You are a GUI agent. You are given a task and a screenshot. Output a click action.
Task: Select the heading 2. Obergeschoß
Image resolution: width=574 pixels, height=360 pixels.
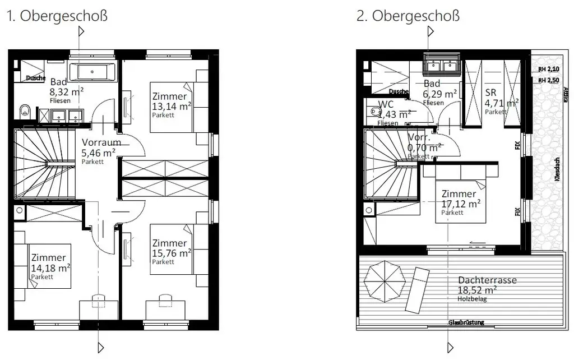click(408, 16)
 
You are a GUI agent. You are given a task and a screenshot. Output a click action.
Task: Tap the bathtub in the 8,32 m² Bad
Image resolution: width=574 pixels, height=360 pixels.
click(95, 72)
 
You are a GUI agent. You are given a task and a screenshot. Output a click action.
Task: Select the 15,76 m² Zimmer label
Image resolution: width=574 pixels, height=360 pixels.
click(172, 252)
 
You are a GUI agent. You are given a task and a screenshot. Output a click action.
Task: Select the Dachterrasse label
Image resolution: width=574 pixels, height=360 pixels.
click(487, 280)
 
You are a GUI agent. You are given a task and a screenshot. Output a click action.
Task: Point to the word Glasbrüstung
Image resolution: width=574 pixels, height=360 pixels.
click(466, 322)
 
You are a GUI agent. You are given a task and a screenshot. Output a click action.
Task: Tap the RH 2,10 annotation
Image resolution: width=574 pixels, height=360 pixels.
click(549, 70)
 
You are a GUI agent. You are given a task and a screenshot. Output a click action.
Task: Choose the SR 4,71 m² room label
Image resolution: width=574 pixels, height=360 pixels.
click(493, 103)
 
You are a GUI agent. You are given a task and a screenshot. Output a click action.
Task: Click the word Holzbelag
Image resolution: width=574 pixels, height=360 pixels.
click(471, 299)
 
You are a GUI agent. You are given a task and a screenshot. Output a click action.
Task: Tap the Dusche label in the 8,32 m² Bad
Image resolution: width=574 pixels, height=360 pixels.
click(35, 79)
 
